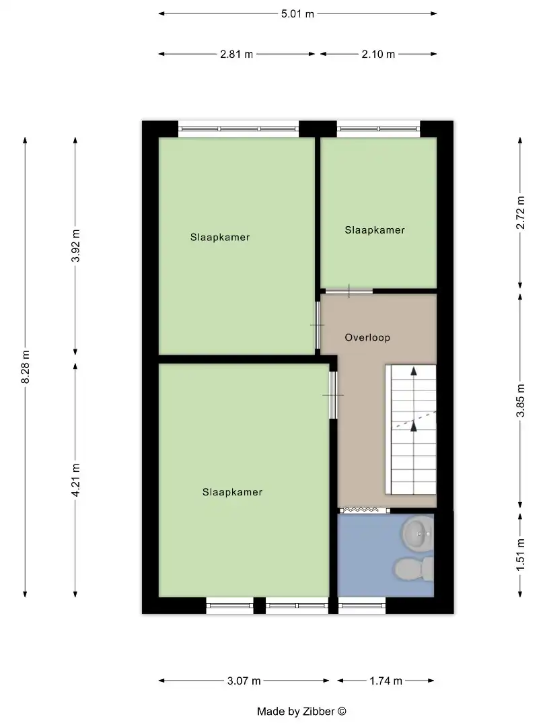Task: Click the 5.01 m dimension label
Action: coord(298,13)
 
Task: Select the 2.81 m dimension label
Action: coord(237,55)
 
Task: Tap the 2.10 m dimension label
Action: coord(378,55)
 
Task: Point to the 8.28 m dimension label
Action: coord(26,368)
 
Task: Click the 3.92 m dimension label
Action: coord(75,245)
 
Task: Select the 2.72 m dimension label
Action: coord(520,212)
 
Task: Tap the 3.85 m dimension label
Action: coord(520,401)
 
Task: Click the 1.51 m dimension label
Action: coord(520,554)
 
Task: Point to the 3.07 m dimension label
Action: coord(244,681)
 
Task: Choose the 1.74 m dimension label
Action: coord(386,681)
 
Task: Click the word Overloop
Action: coord(367,337)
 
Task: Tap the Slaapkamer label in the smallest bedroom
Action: coord(375,230)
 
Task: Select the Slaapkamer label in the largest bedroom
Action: coord(232,492)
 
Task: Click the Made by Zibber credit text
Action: coord(301,711)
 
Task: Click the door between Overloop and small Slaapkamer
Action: coord(349,291)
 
